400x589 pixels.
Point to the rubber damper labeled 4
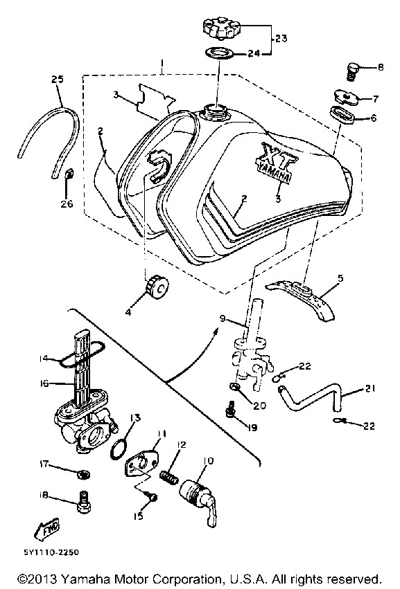pos(155,288)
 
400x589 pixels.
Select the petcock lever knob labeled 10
pos(199,500)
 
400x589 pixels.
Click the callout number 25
pos(58,80)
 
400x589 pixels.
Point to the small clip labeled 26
pos(69,175)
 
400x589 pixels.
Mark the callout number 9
pos(223,318)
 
